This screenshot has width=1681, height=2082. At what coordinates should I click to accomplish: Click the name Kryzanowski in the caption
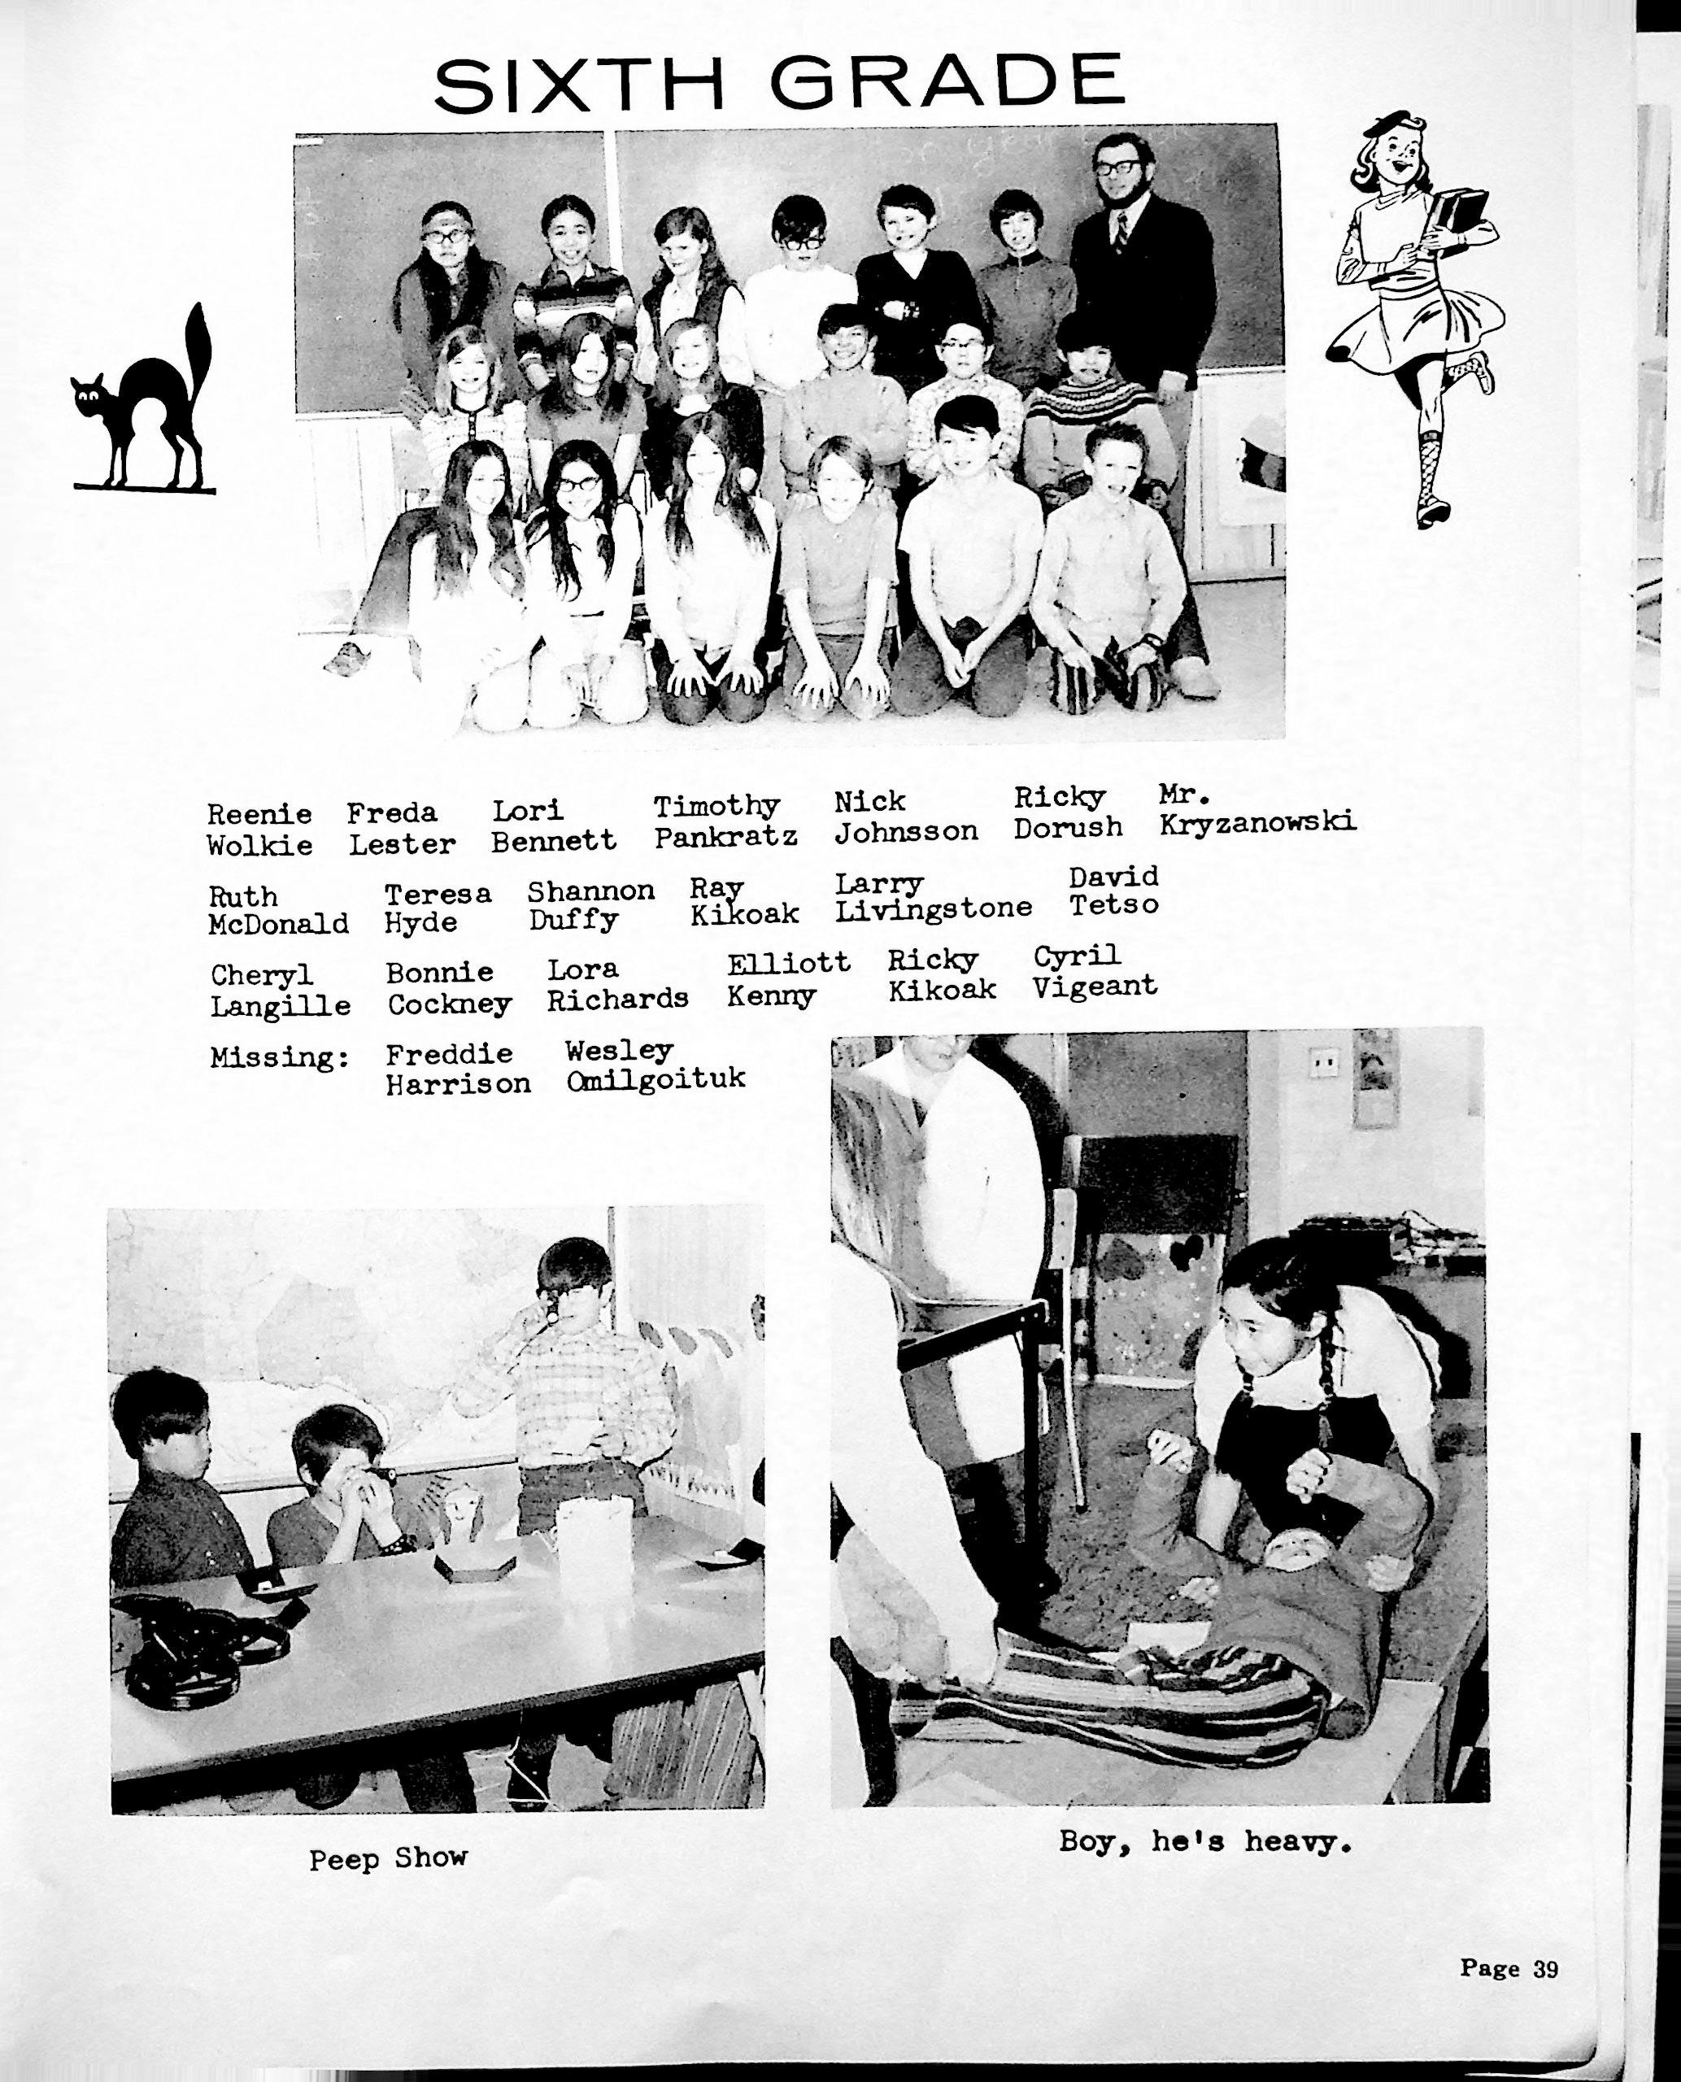[1256, 823]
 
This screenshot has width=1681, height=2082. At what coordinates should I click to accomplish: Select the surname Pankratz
[725, 837]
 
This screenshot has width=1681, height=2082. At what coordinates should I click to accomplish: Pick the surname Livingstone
[934, 909]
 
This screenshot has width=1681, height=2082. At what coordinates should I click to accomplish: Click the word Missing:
[280, 1057]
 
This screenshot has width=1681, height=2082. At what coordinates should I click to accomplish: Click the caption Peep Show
[388, 1858]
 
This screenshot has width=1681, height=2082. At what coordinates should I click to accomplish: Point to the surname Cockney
[449, 1004]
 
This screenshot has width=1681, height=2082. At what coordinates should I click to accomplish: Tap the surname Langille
[280, 1006]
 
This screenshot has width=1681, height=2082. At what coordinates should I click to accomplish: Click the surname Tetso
[1113, 905]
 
